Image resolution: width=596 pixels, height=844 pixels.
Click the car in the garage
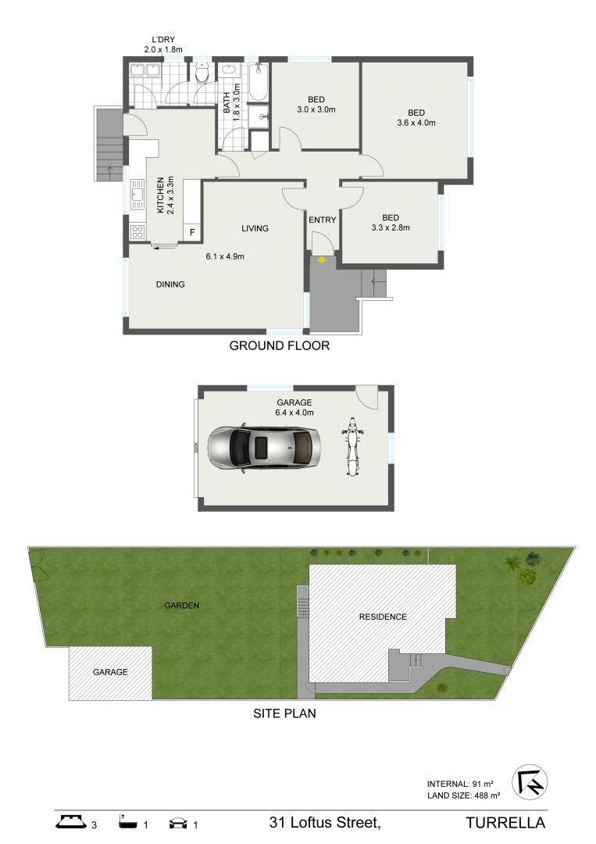(265, 449)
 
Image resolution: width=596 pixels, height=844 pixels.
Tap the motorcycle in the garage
(352, 449)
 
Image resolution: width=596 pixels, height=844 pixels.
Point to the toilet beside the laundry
(202, 75)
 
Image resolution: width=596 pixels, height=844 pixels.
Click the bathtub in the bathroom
(259, 84)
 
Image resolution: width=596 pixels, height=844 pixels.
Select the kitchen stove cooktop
(137, 231)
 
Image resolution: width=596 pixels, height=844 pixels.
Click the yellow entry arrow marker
(321, 259)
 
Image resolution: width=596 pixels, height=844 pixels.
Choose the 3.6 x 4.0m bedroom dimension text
(416, 123)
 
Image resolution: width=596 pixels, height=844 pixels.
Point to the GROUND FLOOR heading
(279, 345)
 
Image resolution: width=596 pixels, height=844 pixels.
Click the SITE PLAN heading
(284, 713)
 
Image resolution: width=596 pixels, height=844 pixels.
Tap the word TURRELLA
(505, 823)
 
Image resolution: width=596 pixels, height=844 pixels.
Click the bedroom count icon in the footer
(70, 822)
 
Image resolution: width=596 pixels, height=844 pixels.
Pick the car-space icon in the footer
(178, 823)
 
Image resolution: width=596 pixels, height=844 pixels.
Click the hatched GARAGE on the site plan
(110, 672)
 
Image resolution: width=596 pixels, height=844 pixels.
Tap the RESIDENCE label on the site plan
(383, 617)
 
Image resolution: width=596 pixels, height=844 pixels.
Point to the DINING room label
(170, 284)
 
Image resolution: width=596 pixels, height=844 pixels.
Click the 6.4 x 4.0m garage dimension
(294, 412)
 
